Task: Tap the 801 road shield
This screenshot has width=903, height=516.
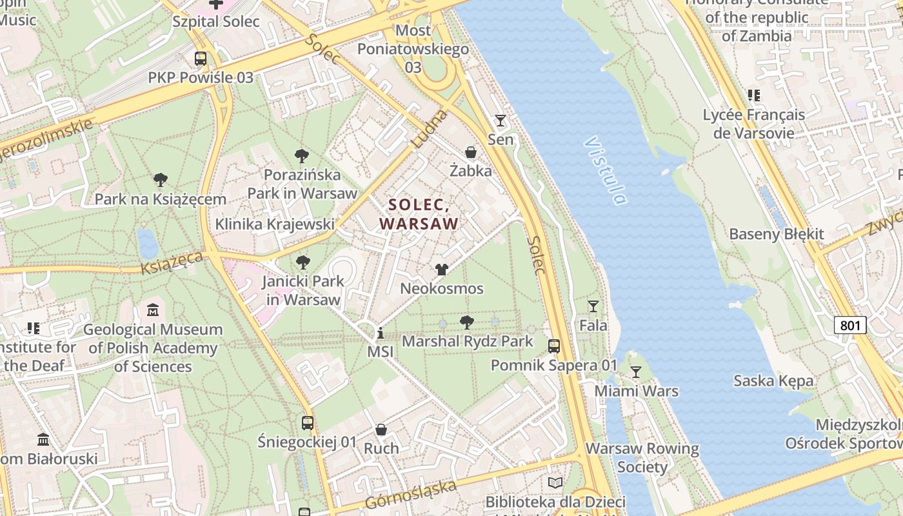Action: tap(850, 325)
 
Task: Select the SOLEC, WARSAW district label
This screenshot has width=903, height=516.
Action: tap(419, 214)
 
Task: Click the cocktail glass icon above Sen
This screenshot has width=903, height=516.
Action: tap(500, 121)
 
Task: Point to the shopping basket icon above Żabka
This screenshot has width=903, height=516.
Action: tap(471, 152)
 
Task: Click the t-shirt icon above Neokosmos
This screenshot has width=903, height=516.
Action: tap(441, 270)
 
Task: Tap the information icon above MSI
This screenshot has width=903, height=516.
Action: tap(381, 333)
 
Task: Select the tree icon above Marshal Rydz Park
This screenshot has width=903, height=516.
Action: tap(467, 322)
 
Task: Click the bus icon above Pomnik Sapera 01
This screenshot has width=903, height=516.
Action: tap(554, 346)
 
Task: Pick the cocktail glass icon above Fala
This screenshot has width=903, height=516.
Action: tap(593, 306)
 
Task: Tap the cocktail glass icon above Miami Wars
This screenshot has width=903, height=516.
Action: tap(636, 372)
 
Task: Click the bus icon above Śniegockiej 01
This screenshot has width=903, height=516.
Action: tap(308, 423)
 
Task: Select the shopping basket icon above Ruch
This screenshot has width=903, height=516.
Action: tap(381, 430)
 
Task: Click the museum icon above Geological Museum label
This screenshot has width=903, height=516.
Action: tap(153, 310)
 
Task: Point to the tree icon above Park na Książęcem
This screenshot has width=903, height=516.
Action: tap(160, 180)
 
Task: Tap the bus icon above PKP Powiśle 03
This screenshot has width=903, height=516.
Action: tap(201, 59)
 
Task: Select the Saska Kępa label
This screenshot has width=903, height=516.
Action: tap(773, 381)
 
